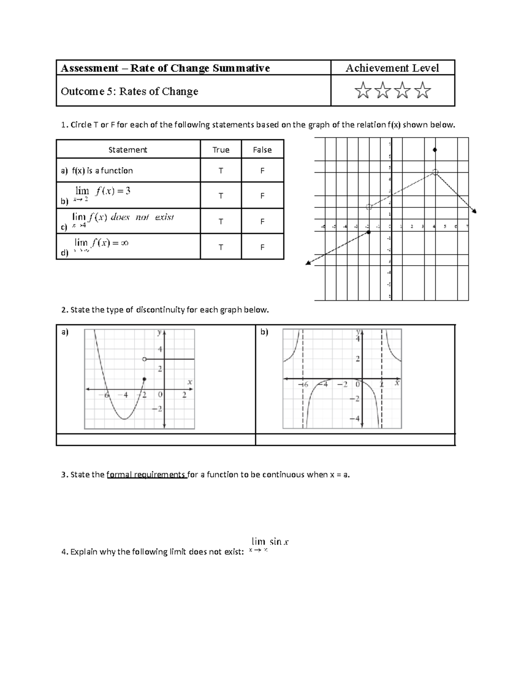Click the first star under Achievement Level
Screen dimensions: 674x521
pyautogui.click(x=363, y=91)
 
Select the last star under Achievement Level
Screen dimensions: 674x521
pyautogui.click(x=422, y=91)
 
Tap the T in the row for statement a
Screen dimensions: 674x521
pyautogui.click(x=221, y=171)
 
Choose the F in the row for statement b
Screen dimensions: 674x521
pyautogui.click(x=262, y=196)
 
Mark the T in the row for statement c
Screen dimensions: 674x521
pyautogui.click(x=221, y=221)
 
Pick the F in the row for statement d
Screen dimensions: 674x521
pyautogui.click(x=262, y=247)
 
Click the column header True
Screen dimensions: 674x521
pyautogui.click(x=221, y=150)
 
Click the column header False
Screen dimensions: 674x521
pyautogui.click(x=262, y=150)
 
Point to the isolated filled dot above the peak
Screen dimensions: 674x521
pyautogui.click(x=435, y=150)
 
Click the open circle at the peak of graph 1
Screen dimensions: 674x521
pyautogui.click(x=435, y=173)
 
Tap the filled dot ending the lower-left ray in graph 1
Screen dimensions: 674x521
pyautogui.click(x=369, y=233)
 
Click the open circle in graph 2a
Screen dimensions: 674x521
pyautogui.click(x=145, y=359)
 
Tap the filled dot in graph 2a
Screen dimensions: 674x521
pyautogui.click(x=145, y=379)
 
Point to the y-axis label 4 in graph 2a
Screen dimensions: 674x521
pyautogui.click(x=159, y=349)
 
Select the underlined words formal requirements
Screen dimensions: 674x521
pyautogui.click(x=146, y=474)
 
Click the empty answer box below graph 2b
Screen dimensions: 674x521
pyautogui.click(x=355, y=440)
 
